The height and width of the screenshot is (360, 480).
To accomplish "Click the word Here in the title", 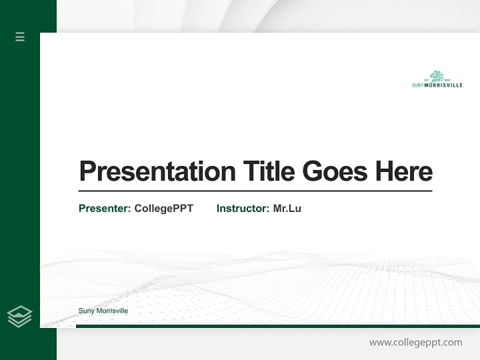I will (404, 171).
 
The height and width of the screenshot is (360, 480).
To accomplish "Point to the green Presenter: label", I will (104, 208).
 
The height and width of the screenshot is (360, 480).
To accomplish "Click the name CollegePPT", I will (163, 208).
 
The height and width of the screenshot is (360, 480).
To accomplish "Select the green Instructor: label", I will (242, 208).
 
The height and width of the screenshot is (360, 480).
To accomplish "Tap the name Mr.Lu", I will (287, 208).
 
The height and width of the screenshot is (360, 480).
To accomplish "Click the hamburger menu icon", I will (20, 36).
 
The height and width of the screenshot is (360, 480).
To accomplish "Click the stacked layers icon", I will (19, 316).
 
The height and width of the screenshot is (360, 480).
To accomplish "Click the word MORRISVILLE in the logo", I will (443, 85).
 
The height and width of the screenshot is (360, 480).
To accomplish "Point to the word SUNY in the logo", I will (417, 85).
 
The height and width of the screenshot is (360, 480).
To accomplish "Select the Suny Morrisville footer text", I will (103, 311).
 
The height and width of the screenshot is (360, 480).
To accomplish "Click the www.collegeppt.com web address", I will (415, 342).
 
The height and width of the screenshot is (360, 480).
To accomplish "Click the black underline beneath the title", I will (255, 191).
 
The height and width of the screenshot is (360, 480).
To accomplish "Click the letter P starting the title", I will (87, 171).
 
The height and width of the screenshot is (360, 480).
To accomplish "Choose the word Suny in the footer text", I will (86, 311).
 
